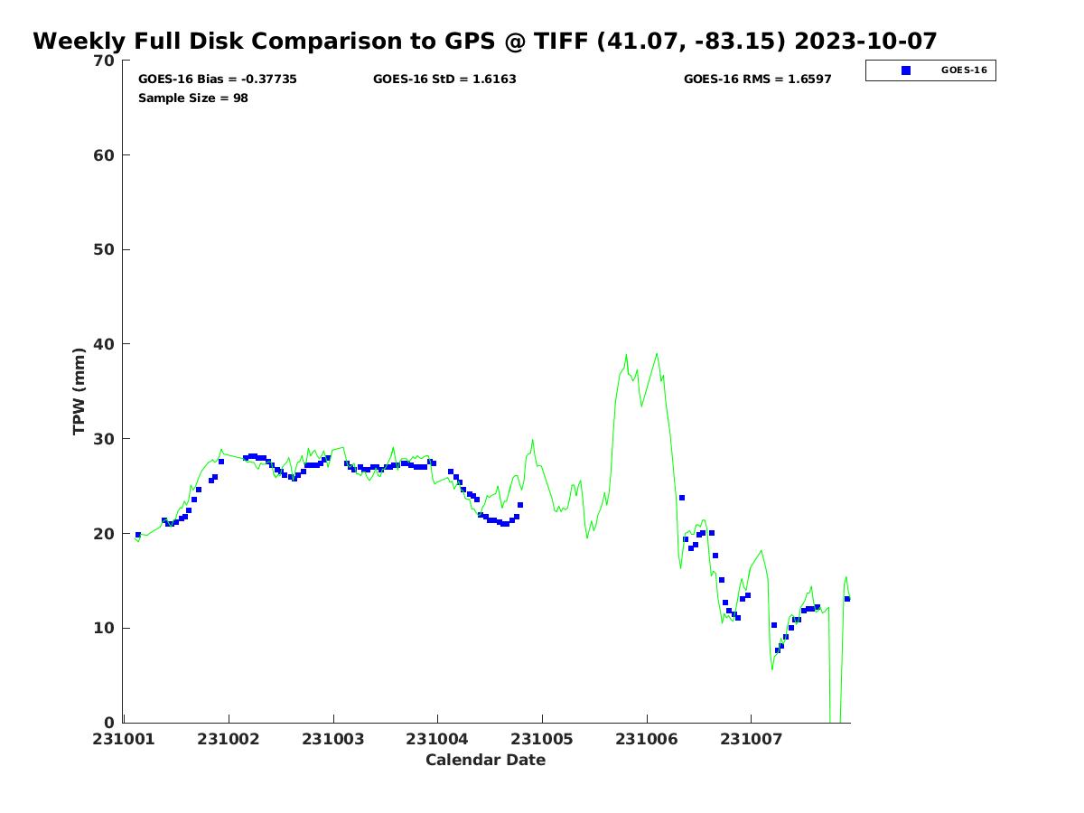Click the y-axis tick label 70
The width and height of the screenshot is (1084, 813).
click(x=104, y=61)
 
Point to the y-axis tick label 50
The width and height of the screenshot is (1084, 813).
click(x=104, y=250)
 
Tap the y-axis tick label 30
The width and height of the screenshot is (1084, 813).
click(x=104, y=439)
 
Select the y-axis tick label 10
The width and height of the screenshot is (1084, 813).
click(x=104, y=628)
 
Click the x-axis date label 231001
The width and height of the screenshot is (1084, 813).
click(x=124, y=739)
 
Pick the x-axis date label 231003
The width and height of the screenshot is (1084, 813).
click(x=332, y=739)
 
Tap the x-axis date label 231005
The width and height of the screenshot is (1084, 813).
click(x=542, y=739)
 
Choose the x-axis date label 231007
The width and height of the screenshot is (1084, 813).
click(x=752, y=739)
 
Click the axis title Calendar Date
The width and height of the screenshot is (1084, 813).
click(x=485, y=760)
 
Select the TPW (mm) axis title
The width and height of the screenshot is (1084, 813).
click(x=79, y=391)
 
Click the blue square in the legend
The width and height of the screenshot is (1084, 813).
click(x=906, y=70)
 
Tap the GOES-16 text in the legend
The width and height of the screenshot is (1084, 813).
click(x=964, y=70)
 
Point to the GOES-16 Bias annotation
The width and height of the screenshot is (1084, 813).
click(x=218, y=79)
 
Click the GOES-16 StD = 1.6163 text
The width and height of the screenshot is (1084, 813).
click(x=444, y=79)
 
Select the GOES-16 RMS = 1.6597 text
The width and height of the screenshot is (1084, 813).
click(x=758, y=79)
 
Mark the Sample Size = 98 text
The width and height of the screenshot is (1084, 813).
click(x=193, y=98)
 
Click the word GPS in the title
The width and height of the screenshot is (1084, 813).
click(x=470, y=41)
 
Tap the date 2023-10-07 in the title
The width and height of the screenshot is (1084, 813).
click(x=865, y=41)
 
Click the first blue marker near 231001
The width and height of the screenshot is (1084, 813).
click(x=138, y=535)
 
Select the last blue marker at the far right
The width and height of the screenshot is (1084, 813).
click(x=847, y=599)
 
